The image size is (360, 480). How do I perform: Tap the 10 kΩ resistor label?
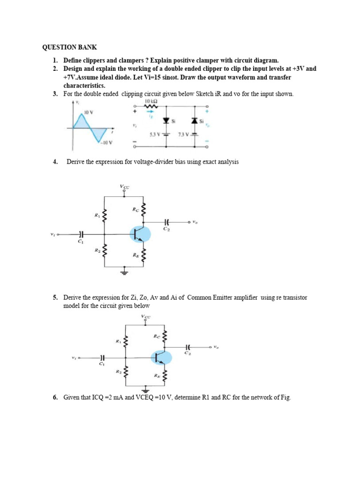tap(151, 101)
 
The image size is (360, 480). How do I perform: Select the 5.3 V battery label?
tap(155, 134)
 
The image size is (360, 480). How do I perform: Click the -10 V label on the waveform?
tap(107, 142)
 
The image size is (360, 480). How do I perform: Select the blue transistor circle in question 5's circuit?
tap(161, 358)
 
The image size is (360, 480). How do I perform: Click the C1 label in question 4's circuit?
tap(80, 241)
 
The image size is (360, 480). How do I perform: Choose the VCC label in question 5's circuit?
tap(146, 317)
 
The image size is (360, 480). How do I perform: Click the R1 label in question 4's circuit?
tap(97, 215)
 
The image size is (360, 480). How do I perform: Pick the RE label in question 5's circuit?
tap(156, 375)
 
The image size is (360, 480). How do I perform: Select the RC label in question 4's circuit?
tap(136, 210)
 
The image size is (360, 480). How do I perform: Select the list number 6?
tap(55, 397)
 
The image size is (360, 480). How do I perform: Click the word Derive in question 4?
tap(76, 162)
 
